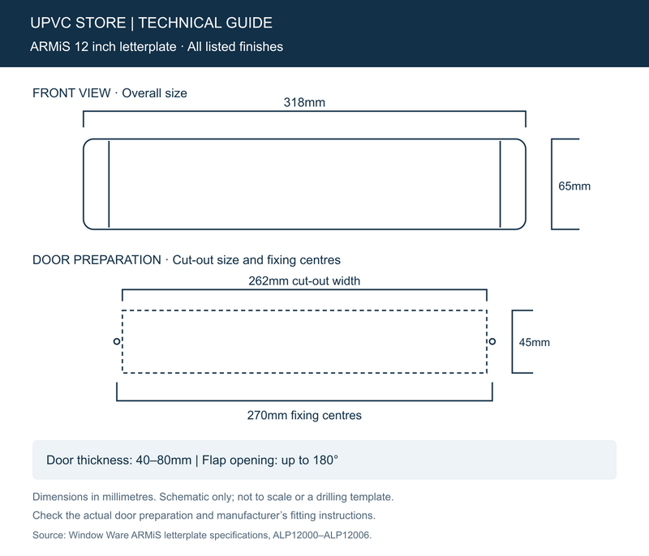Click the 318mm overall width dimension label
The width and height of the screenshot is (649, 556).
coord(304,102)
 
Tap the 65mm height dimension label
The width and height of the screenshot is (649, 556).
coord(574,186)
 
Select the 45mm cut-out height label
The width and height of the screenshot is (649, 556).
coord(535,342)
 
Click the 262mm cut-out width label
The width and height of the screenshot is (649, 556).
coord(304,281)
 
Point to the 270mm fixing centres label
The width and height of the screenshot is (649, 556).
coord(304,416)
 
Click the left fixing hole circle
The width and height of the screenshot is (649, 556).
coord(117,341)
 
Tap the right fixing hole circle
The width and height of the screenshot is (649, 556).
coord(492,341)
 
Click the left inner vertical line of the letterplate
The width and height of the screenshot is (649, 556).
coord(109,184)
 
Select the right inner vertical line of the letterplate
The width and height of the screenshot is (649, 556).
coord(500,184)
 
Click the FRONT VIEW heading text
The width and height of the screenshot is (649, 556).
coord(71,93)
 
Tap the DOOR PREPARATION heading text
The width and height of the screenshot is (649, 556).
coord(97,260)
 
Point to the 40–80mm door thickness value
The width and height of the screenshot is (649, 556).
coord(164,460)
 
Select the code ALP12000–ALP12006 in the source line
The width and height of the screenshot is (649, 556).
coord(322,535)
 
